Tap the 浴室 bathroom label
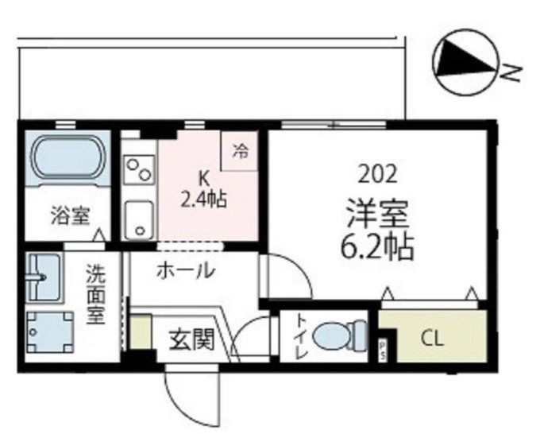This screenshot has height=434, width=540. [71, 214]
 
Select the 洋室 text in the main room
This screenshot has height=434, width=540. [377, 214]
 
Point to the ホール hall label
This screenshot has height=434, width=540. [184, 270]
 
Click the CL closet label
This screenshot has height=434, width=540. [434, 339]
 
